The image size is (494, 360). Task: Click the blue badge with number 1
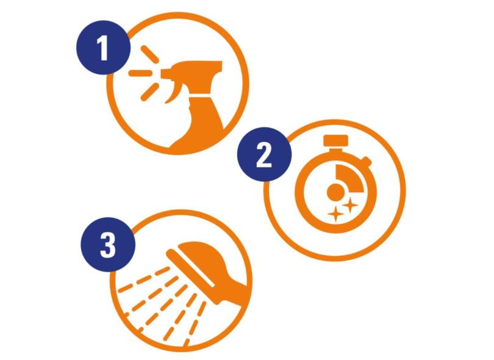(x=103, y=48)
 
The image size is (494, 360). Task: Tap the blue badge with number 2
(x=264, y=154)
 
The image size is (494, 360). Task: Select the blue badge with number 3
(x=108, y=244)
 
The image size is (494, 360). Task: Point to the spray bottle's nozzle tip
(x=163, y=74)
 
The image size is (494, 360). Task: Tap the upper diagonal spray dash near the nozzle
(x=149, y=54)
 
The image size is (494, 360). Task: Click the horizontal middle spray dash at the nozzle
(x=140, y=73)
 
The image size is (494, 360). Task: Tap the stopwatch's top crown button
(x=336, y=141)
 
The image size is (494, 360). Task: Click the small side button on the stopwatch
(x=366, y=162)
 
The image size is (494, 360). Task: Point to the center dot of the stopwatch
(x=335, y=192)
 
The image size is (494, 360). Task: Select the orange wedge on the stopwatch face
(x=350, y=178)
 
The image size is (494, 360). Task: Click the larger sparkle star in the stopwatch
(x=349, y=206)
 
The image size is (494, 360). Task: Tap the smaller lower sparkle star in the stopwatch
(x=335, y=214)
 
